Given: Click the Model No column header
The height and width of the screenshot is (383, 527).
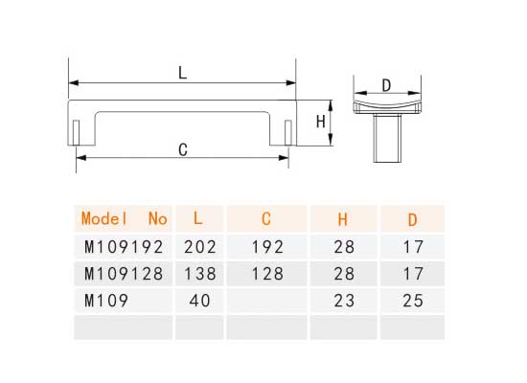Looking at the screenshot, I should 125,218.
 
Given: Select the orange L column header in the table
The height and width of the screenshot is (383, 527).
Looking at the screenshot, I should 197,218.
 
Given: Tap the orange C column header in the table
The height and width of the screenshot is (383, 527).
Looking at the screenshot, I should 265,218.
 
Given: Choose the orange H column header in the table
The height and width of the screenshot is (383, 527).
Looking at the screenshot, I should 343,218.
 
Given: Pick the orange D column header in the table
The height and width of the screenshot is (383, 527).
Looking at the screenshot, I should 413,218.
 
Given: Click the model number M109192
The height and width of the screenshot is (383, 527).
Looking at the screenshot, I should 125,246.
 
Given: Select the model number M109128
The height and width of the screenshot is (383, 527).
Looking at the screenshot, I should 125,273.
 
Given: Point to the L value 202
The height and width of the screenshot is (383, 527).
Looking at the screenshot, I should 197,246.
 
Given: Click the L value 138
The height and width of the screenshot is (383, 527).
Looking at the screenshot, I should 197,273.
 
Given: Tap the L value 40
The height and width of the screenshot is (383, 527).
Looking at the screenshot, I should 197,300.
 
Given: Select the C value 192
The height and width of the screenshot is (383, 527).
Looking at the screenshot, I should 267,246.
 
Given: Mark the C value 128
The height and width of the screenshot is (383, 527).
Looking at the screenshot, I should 267,273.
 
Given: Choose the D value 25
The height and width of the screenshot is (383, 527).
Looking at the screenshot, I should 413,300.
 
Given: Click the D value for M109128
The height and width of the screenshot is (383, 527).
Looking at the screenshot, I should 413,273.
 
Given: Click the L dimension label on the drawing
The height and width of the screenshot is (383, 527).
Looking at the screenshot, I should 182,72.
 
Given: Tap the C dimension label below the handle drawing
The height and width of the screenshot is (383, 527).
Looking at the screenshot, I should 182,148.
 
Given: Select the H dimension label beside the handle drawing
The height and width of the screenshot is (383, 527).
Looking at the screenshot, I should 322,123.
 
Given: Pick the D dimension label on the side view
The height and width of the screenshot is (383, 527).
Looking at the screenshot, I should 386,85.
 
